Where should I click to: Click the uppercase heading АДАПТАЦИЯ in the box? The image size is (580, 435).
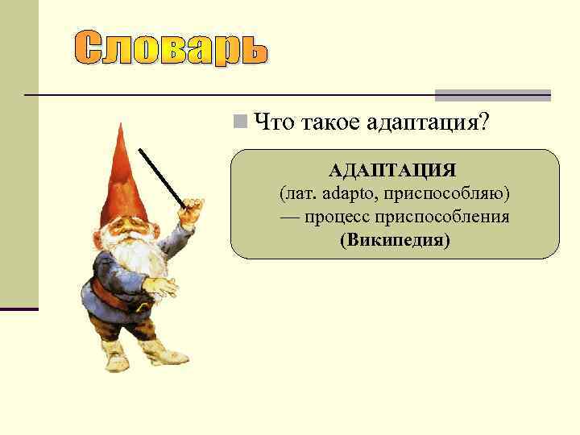click(x=393, y=171)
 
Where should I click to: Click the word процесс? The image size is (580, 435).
click(x=338, y=217)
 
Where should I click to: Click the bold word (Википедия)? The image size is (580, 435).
click(x=395, y=241)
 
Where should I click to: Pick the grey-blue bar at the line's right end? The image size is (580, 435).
click(x=492, y=95)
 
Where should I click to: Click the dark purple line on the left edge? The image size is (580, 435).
click(x=19, y=309)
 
